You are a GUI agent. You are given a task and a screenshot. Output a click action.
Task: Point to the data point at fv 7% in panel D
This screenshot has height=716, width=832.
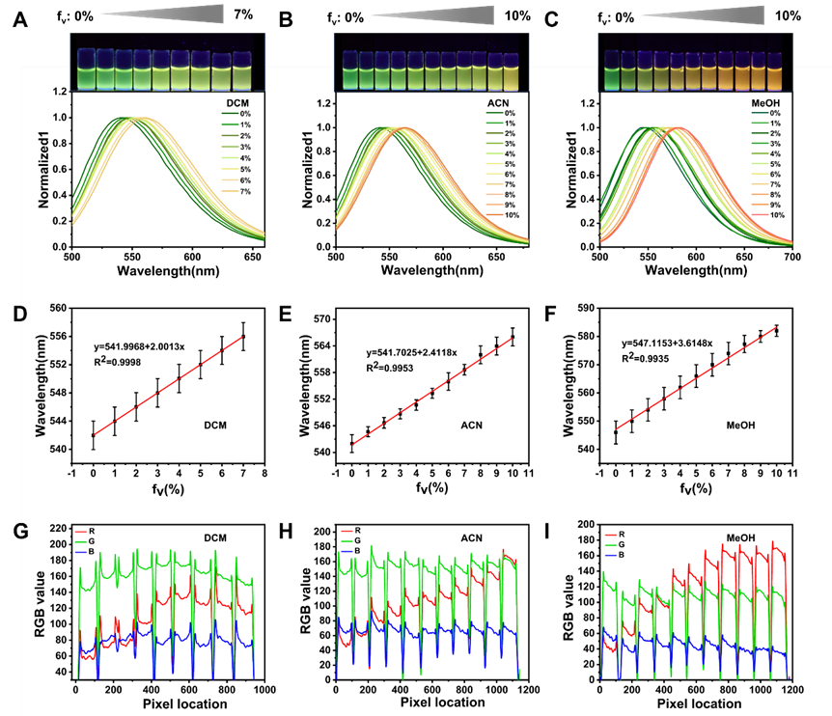pyautogui.click(x=243, y=337)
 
